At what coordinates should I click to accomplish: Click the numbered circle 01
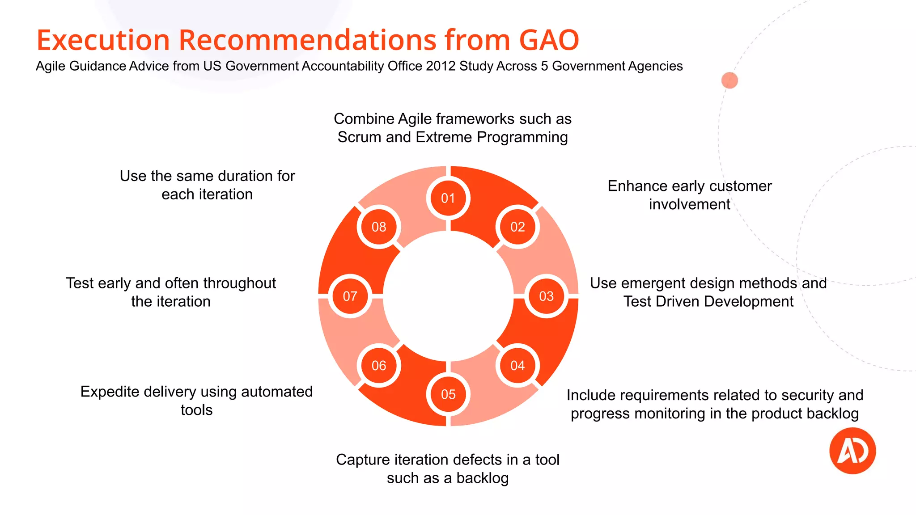pos(448,198)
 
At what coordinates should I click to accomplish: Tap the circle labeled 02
pos(517,227)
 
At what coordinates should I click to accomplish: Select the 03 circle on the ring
pos(546,296)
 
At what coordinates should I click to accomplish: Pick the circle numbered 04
pos(517,366)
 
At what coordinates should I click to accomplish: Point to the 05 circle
pos(448,394)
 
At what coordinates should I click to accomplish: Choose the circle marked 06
pos(379,366)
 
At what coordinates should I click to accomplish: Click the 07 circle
pos(350,296)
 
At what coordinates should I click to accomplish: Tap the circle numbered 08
pos(379,227)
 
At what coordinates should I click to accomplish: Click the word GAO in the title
pos(549,40)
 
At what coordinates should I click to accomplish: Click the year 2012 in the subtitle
pos(441,66)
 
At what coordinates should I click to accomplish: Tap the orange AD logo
pos(852,451)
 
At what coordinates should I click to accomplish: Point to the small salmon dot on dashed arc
pos(729,80)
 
